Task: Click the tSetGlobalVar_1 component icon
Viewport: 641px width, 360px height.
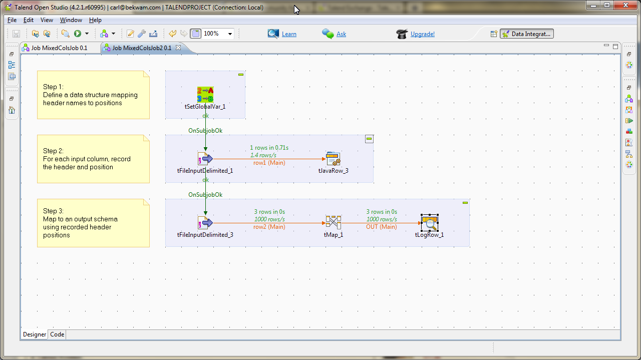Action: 205,95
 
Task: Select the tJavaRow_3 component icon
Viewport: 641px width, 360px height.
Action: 333,159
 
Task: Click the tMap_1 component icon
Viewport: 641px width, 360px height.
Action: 333,223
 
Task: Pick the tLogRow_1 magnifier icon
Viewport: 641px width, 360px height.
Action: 429,223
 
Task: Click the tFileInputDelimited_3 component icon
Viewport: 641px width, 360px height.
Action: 205,223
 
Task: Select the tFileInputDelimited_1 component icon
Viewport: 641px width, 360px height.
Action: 205,159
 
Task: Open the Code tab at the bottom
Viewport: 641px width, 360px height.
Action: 57,334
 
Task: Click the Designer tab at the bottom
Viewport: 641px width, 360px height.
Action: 35,334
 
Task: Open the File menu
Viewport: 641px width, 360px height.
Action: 12,20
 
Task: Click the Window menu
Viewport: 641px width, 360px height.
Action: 71,20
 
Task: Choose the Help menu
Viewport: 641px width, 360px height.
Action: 95,20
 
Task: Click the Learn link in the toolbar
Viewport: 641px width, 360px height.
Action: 289,34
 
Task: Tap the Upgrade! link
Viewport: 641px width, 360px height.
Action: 423,34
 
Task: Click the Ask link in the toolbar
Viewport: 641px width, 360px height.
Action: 341,34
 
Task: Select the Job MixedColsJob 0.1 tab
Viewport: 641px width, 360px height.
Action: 59,48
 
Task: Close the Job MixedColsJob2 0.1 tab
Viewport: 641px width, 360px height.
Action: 178,48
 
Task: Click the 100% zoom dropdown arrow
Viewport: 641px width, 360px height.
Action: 230,34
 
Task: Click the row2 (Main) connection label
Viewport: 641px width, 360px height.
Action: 269,227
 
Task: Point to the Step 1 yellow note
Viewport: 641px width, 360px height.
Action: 93,95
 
